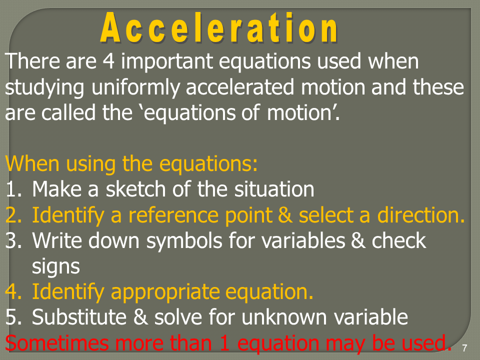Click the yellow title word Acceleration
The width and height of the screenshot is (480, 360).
[x=219, y=28]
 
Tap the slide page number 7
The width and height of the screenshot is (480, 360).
[x=464, y=348]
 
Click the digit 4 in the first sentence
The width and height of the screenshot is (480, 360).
[x=108, y=61]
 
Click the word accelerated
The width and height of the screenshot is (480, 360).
[x=239, y=87]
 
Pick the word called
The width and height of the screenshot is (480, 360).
[x=68, y=112]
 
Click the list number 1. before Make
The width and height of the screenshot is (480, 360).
[x=13, y=189]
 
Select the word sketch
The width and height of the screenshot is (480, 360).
[x=135, y=189]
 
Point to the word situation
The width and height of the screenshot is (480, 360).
[x=274, y=189]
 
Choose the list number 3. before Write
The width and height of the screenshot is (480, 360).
[x=14, y=240]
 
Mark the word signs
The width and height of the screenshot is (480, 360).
[x=55, y=267]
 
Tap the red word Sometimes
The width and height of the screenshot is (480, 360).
[x=57, y=342]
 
